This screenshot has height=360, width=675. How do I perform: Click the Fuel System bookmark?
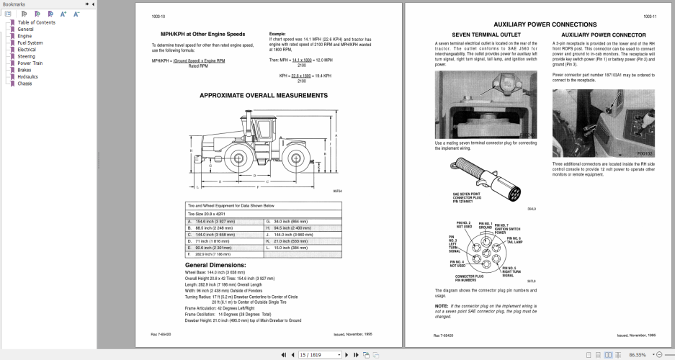pos(30,42)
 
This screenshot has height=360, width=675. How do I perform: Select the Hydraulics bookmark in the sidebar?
pos(28,76)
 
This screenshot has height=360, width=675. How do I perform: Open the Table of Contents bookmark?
pos(36,22)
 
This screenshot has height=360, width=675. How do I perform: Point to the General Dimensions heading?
pos(215,265)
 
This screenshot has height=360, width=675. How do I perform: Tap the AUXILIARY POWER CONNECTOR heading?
pos(603,35)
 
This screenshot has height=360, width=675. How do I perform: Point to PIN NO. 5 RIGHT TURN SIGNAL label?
pos(508,271)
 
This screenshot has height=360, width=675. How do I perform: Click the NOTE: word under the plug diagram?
pos(441,306)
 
